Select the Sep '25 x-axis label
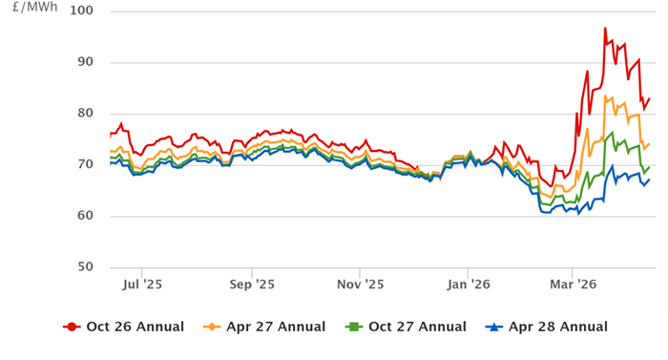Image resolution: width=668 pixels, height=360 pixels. pyautogui.click(x=253, y=284)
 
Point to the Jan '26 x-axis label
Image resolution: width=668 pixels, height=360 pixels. pyautogui.click(x=470, y=284)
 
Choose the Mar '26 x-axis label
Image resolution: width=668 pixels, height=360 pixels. pyautogui.click(x=575, y=284)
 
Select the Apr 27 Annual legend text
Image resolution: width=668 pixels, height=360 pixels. pyautogui.click(x=276, y=328)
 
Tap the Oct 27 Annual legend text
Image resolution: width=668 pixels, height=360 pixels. pyautogui.click(x=417, y=328)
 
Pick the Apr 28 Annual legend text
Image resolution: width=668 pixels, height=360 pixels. pyautogui.click(x=558, y=328)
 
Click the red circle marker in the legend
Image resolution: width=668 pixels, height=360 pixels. pyautogui.click(x=72, y=328)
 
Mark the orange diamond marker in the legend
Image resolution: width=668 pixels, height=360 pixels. pyautogui.click(x=213, y=328)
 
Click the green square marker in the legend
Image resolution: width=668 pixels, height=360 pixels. pyautogui.click(x=353, y=328)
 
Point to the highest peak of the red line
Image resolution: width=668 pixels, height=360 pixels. pyautogui.click(x=605, y=29)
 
